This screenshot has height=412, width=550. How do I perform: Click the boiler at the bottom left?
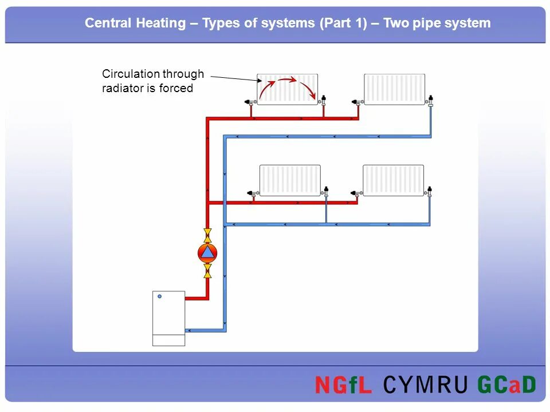168,318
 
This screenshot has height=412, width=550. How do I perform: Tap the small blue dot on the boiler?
160,296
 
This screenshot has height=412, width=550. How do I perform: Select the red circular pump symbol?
207,252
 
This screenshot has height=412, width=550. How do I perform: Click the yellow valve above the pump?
207,235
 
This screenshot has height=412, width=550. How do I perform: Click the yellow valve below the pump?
207,270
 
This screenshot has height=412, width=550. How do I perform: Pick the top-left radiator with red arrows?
287,89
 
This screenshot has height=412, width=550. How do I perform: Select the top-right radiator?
395,89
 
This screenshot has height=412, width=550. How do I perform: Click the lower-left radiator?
290,180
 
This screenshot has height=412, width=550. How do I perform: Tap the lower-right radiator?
394,180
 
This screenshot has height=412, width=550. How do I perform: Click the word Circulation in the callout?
130,74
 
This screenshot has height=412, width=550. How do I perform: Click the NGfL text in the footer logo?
343,385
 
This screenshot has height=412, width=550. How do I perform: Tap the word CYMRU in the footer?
425,385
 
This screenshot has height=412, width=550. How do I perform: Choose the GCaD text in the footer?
505,385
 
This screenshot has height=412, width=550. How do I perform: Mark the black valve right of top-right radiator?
430,100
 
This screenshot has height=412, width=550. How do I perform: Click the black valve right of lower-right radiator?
430,191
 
